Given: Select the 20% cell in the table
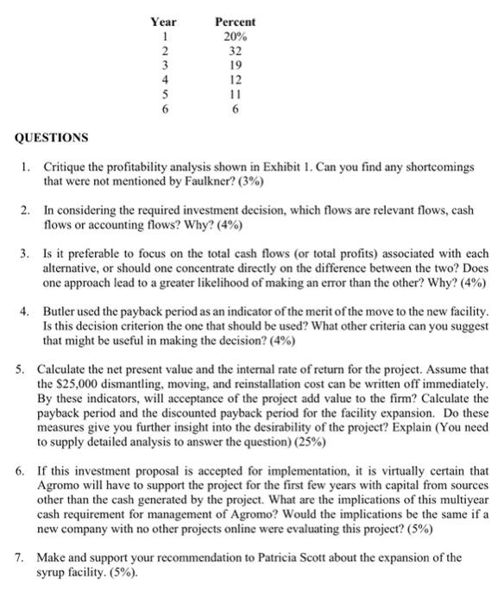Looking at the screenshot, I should tap(234, 36).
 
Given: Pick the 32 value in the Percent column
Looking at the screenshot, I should tap(234, 52).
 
